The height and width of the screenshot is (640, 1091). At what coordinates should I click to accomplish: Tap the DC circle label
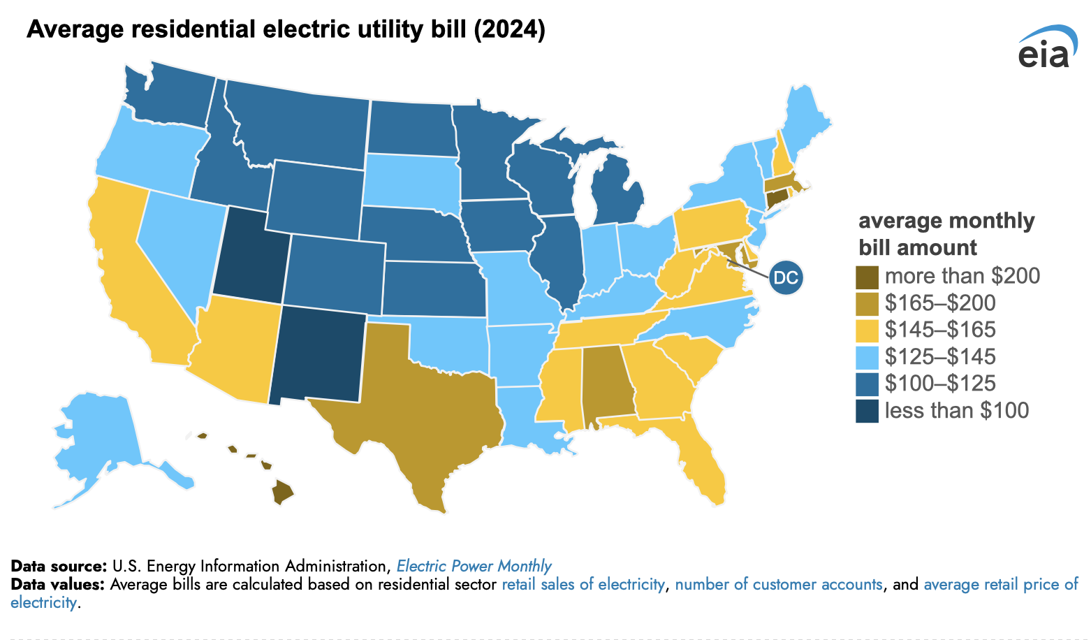click(x=786, y=277)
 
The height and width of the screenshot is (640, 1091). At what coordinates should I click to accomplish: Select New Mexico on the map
click(x=318, y=356)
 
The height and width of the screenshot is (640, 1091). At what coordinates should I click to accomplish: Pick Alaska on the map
click(x=98, y=440)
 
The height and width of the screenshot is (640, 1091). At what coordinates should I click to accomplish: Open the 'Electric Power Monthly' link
click(x=474, y=566)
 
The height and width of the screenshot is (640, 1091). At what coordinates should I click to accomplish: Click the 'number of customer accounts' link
click(x=778, y=584)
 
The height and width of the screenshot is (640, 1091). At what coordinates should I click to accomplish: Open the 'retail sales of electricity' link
click(x=583, y=584)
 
